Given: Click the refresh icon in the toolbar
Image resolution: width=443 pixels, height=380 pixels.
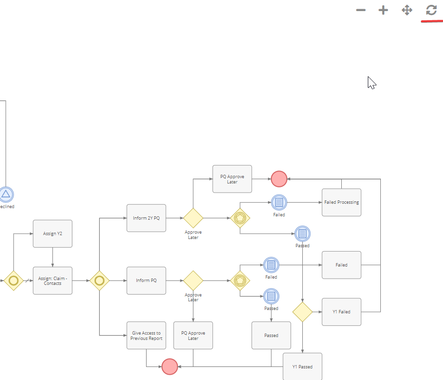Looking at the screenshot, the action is click(431, 10).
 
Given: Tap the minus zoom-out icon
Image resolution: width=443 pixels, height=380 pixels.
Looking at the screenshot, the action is click(361, 10).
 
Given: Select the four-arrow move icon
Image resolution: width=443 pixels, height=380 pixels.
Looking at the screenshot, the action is click(407, 10).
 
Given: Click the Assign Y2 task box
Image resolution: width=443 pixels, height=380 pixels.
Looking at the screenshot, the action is click(53, 234).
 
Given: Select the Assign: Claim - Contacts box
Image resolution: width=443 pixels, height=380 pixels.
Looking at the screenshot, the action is click(53, 281).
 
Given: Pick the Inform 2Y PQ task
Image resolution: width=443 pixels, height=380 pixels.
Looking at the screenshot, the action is click(147, 218).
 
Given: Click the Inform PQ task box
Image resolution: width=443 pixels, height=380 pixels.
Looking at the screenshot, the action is click(147, 281).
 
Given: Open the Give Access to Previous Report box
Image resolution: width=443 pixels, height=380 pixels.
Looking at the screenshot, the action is click(147, 336).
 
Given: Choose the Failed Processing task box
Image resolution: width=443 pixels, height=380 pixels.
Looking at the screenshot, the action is click(342, 203).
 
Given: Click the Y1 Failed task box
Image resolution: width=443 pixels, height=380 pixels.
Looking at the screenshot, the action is click(342, 312).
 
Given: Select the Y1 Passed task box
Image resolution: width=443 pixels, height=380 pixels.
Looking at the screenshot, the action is click(303, 366).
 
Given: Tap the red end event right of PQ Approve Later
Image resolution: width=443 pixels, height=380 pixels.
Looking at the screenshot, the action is click(279, 179).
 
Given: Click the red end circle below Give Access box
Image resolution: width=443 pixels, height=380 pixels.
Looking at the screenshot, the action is click(170, 366).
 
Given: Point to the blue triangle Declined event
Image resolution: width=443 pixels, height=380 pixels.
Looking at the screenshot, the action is click(6, 195).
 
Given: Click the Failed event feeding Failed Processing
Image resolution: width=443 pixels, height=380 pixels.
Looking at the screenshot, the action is click(279, 203).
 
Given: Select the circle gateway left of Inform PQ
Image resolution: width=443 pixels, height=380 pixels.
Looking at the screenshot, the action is click(99, 281).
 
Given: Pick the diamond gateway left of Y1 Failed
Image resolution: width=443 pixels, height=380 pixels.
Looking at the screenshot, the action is click(303, 312).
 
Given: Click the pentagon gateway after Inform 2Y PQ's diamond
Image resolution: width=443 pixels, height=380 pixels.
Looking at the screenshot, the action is click(240, 218).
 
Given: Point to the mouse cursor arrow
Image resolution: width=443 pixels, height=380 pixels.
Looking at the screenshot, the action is click(372, 83).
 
